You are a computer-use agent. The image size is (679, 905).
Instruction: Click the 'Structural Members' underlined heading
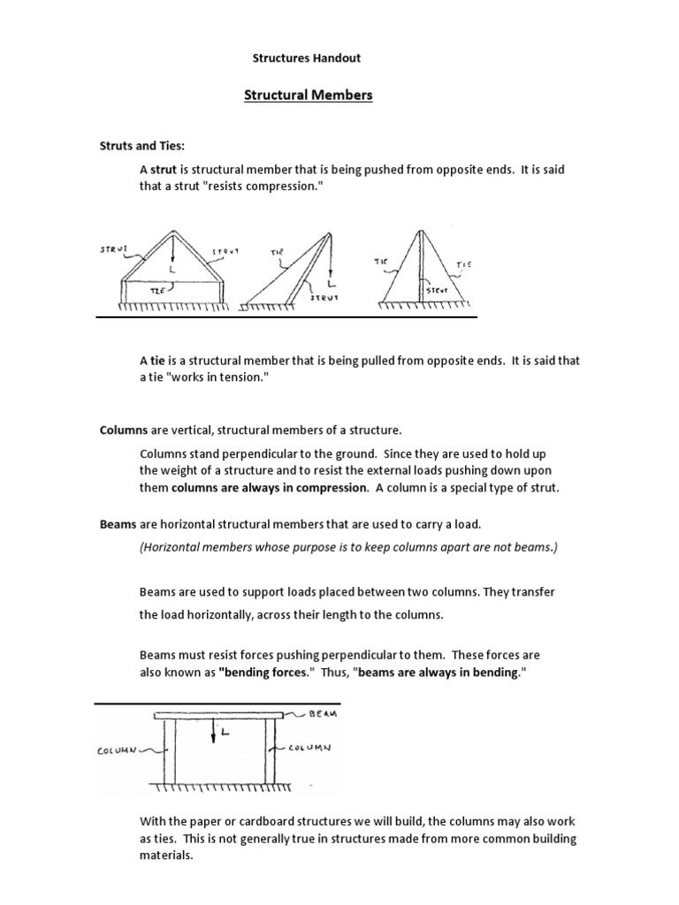click(x=308, y=95)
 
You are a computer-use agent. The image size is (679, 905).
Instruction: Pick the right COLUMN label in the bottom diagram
click(x=309, y=748)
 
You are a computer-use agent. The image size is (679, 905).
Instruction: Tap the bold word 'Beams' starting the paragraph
click(x=118, y=524)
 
